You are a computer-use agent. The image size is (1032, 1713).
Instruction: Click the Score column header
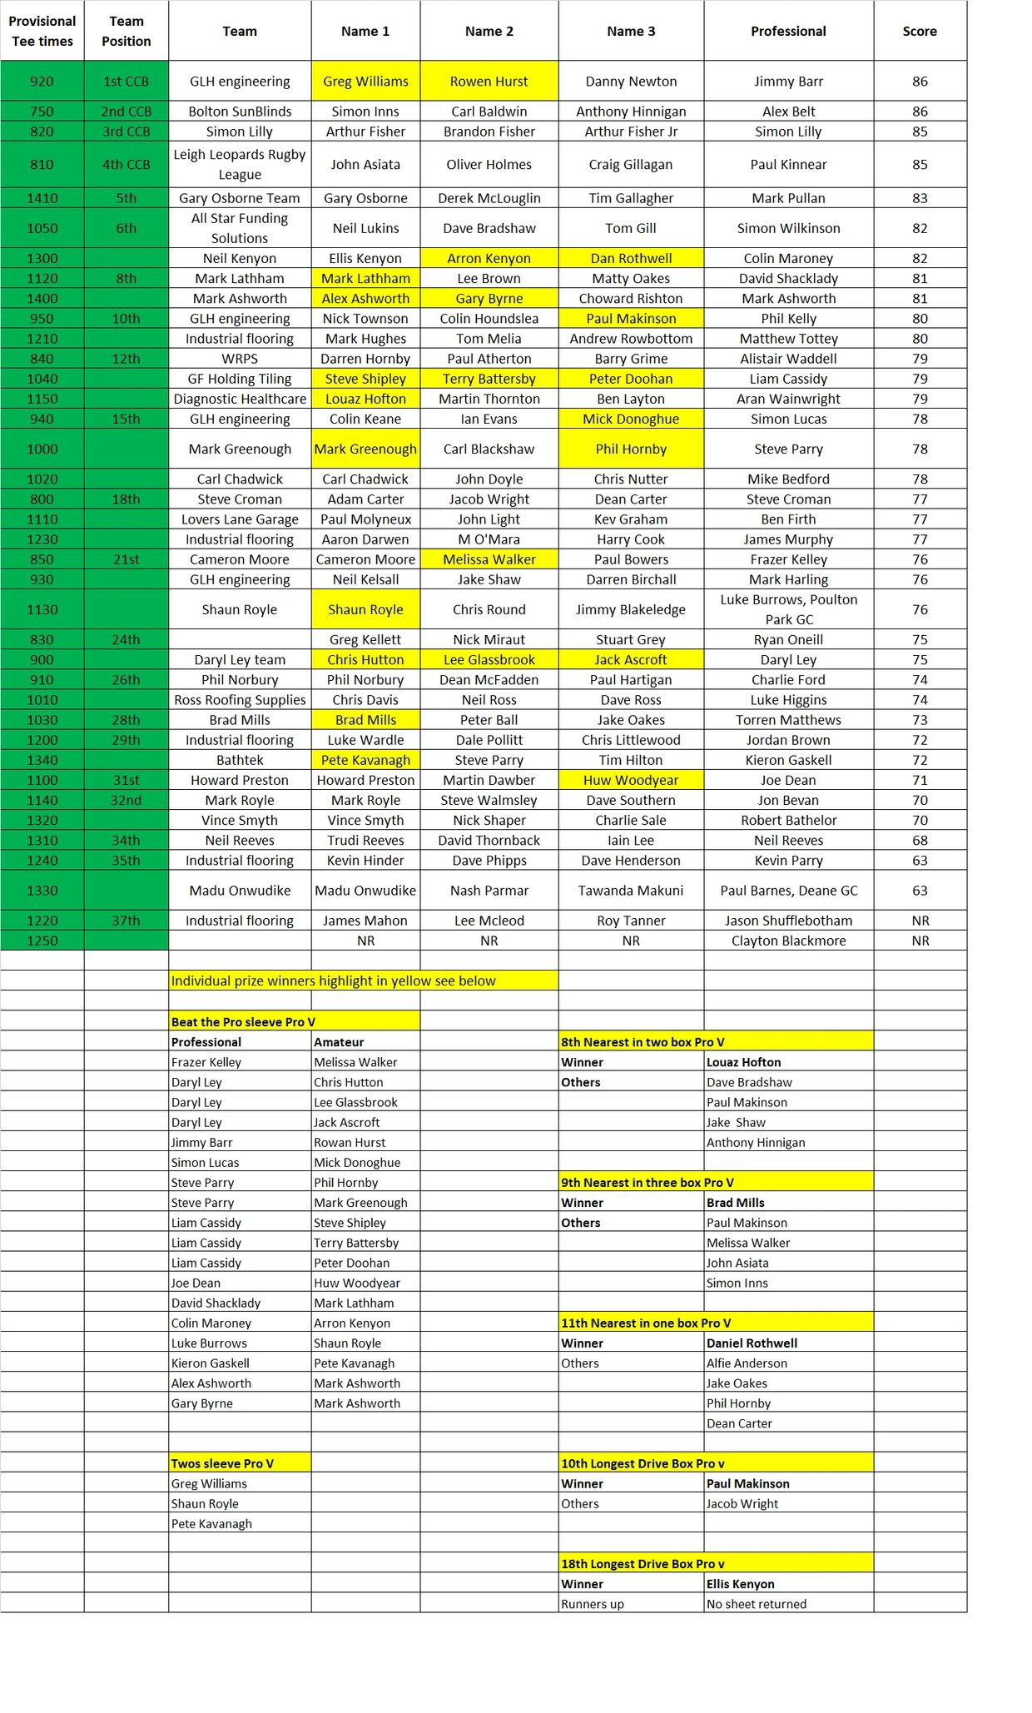click(920, 32)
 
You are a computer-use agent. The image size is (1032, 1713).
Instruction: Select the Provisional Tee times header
click(42, 32)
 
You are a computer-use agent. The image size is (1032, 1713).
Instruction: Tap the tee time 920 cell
click(42, 82)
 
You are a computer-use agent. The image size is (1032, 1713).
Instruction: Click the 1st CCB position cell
click(127, 82)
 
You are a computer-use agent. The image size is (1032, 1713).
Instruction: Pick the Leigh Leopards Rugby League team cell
click(240, 165)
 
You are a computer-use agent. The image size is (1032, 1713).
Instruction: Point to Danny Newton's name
click(631, 82)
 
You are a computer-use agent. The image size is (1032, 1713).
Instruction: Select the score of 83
click(920, 198)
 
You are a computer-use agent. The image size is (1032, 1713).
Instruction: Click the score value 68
click(920, 841)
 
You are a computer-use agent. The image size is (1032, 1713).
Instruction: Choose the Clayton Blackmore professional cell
click(788, 941)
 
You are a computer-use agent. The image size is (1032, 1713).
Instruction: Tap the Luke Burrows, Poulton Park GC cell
click(788, 609)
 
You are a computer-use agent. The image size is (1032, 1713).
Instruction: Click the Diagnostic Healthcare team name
click(240, 399)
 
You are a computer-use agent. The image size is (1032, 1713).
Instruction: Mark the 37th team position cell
click(127, 921)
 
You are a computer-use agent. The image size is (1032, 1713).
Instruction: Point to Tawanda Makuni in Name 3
click(631, 891)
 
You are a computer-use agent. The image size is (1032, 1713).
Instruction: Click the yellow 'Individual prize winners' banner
click(334, 981)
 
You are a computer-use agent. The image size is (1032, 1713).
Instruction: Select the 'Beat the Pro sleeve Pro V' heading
click(243, 1022)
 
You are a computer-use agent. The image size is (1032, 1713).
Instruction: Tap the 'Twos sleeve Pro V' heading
click(222, 1463)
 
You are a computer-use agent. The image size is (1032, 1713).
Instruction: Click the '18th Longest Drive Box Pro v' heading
click(643, 1564)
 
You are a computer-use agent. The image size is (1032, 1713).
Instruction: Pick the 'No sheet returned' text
click(757, 1604)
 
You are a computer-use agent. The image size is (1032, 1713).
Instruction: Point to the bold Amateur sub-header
click(339, 1042)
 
